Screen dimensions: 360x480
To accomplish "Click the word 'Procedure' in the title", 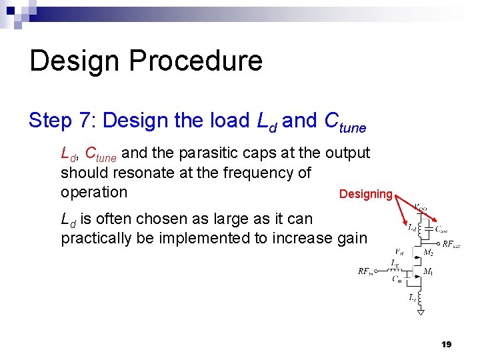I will pyautogui.click(x=195, y=61).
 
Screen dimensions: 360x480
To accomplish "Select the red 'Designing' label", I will pyautogui.click(x=365, y=194).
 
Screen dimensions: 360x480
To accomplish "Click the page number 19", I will pyautogui.click(x=446, y=344).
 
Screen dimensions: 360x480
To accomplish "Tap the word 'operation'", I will pyautogui.click(x=93, y=193).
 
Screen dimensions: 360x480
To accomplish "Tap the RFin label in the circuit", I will pyautogui.click(x=365, y=271).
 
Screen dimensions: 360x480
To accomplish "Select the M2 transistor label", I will pyautogui.click(x=429, y=251).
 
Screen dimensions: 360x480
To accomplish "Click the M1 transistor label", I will pyautogui.click(x=429, y=271).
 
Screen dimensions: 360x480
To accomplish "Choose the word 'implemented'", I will pyautogui.click(x=208, y=238).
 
